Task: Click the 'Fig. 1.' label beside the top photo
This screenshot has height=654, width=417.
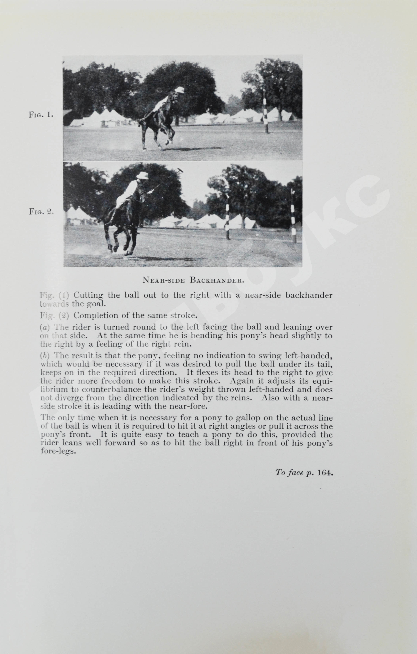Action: tap(41, 115)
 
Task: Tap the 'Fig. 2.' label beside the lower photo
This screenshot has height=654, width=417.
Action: tap(41, 212)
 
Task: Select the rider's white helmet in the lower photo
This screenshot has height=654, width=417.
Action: tap(142, 175)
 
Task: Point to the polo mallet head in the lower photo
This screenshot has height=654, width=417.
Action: tap(180, 171)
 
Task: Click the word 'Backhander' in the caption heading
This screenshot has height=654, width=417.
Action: tap(217, 280)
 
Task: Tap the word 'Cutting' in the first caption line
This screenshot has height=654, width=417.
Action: tap(88, 295)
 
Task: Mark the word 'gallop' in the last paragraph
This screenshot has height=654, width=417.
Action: tap(218, 418)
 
